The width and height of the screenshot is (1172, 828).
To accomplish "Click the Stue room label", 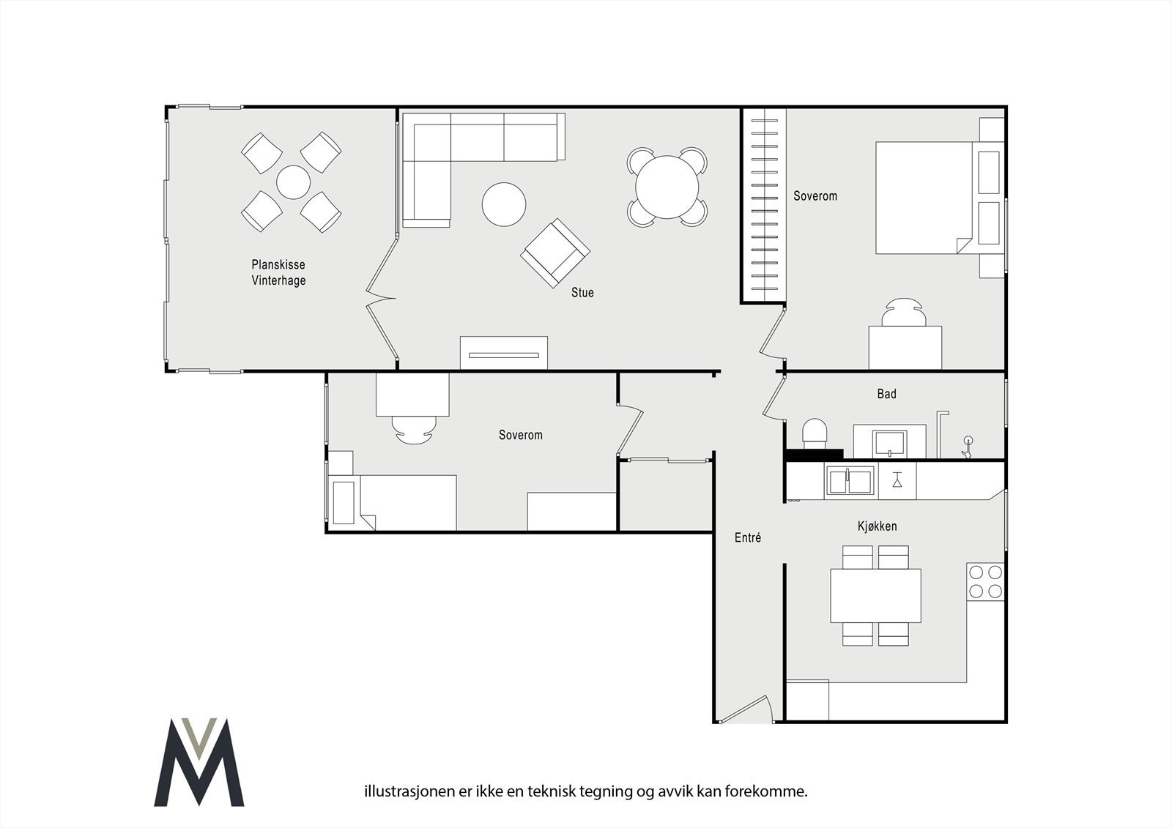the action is (582, 292).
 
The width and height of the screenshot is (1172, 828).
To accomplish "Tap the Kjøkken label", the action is (878, 526).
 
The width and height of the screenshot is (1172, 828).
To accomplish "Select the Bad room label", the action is (887, 394).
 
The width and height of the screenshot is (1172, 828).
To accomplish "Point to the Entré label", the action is (748, 537).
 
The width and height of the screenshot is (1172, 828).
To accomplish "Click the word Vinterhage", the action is (278, 280).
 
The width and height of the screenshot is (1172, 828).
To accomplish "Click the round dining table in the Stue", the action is (667, 187).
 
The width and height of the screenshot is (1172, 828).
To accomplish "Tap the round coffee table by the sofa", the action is (504, 204).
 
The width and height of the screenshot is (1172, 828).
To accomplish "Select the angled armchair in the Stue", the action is (555, 253).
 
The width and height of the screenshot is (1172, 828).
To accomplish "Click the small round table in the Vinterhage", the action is (294, 182).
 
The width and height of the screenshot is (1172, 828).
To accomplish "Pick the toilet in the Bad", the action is (815, 433).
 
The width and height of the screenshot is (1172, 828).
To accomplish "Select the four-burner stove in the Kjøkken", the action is (986, 581).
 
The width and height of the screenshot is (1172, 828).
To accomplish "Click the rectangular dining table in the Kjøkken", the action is (876, 596).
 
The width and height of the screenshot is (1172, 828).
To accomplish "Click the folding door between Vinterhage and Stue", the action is (382, 298).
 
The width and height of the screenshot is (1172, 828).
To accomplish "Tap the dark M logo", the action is (199, 761).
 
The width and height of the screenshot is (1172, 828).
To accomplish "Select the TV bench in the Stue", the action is (504, 353).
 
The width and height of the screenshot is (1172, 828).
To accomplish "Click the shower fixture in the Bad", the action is (968, 448).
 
